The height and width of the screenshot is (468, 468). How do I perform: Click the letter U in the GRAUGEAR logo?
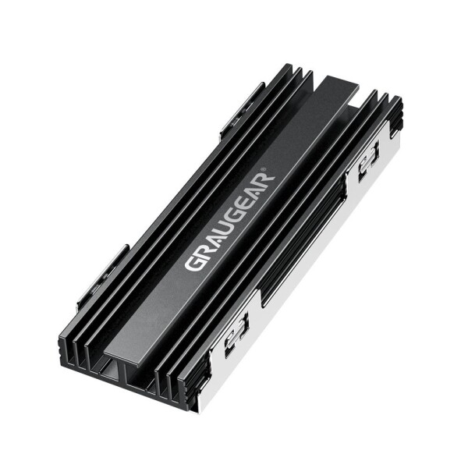222,225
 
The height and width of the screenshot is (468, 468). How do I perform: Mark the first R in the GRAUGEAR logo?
201,250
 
